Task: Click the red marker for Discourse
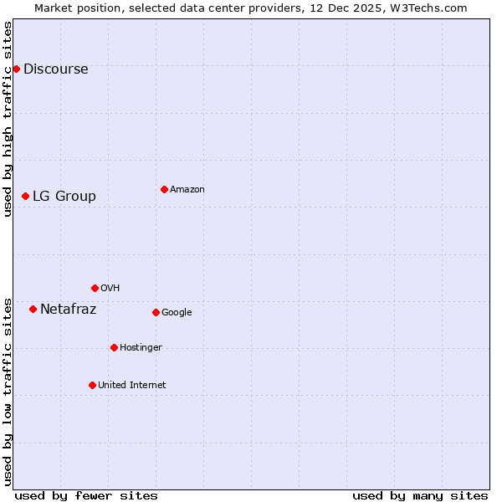tap(16, 69)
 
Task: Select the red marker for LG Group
tap(25, 196)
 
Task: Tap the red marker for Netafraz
tap(33, 309)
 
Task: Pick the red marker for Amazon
tap(164, 189)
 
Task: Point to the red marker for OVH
tap(95, 288)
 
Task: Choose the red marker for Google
tap(156, 312)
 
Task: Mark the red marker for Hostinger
tap(114, 347)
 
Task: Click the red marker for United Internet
tap(92, 385)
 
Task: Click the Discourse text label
tap(55, 69)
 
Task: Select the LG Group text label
tap(64, 196)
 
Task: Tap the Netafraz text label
tap(68, 309)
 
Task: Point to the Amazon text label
tap(187, 189)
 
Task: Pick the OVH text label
tap(110, 288)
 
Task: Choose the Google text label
tap(177, 312)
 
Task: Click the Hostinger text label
tap(141, 347)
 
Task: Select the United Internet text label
tap(131, 385)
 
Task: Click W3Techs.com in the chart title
tap(426, 8)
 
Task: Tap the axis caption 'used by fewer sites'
tap(86, 495)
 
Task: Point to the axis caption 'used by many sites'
tap(420, 495)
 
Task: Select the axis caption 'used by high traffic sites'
tap(8, 119)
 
